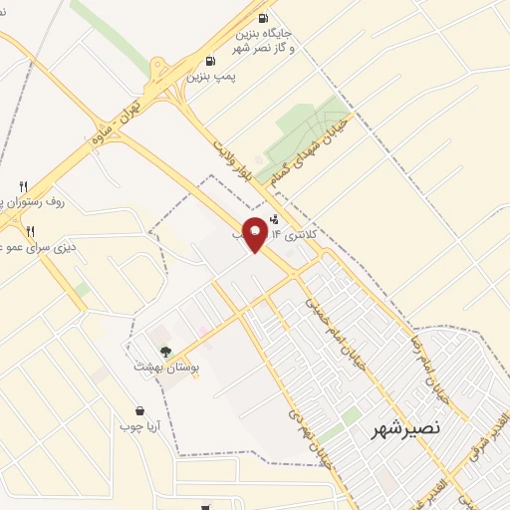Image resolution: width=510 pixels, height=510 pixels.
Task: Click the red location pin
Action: pyautogui.click(x=255, y=234)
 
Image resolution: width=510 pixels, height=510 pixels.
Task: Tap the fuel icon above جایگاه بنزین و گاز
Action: pyautogui.click(x=263, y=18)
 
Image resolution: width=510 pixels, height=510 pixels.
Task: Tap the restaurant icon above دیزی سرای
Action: pyautogui.click(x=30, y=230)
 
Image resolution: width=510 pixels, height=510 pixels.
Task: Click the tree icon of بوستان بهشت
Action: pyautogui.click(x=165, y=351)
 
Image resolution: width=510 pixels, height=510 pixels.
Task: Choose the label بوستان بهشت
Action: pyautogui.click(x=167, y=367)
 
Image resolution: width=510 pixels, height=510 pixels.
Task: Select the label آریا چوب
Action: pyautogui.click(x=139, y=426)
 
